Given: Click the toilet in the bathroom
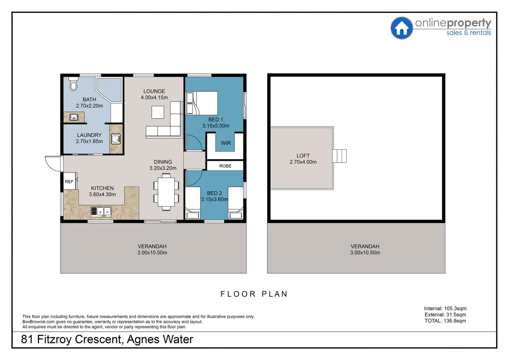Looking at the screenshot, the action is click(x=73, y=84).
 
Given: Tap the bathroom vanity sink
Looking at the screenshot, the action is click(x=74, y=117).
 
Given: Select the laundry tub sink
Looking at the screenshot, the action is click(x=115, y=139).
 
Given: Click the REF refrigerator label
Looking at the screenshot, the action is click(x=69, y=182).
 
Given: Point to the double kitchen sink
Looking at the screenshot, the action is click(x=101, y=212).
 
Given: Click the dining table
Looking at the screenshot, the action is click(x=166, y=192).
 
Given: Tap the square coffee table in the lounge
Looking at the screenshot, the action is click(x=158, y=112).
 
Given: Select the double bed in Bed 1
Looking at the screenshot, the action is click(x=202, y=103).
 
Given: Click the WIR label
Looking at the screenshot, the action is click(x=226, y=143).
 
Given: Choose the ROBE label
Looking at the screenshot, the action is click(x=225, y=166).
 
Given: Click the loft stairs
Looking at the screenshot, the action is click(x=340, y=156).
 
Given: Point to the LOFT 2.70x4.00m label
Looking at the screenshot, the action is click(x=303, y=159).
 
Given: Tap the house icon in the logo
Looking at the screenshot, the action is click(x=401, y=28).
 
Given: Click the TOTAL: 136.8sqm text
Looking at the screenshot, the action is click(x=445, y=321).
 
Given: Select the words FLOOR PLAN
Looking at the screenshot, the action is click(x=254, y=294).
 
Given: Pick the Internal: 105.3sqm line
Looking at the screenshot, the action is click(x=445, y=308).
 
